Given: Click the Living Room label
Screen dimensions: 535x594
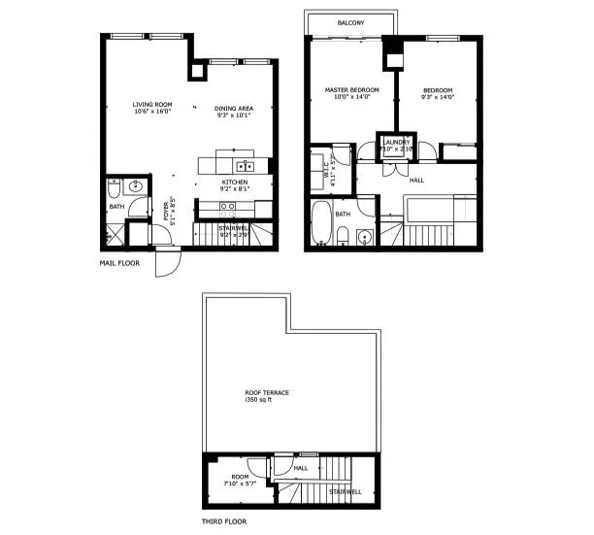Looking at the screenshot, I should coord(152,104).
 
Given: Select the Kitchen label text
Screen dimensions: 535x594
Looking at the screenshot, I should coord(235,183).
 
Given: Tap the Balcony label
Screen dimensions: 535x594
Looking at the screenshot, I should coord(350,22).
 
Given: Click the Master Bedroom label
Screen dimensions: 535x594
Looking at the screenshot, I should coord(350,90).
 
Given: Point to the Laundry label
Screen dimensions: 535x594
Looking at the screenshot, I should coord(397,142).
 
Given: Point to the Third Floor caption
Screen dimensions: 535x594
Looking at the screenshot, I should coord(225,521).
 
